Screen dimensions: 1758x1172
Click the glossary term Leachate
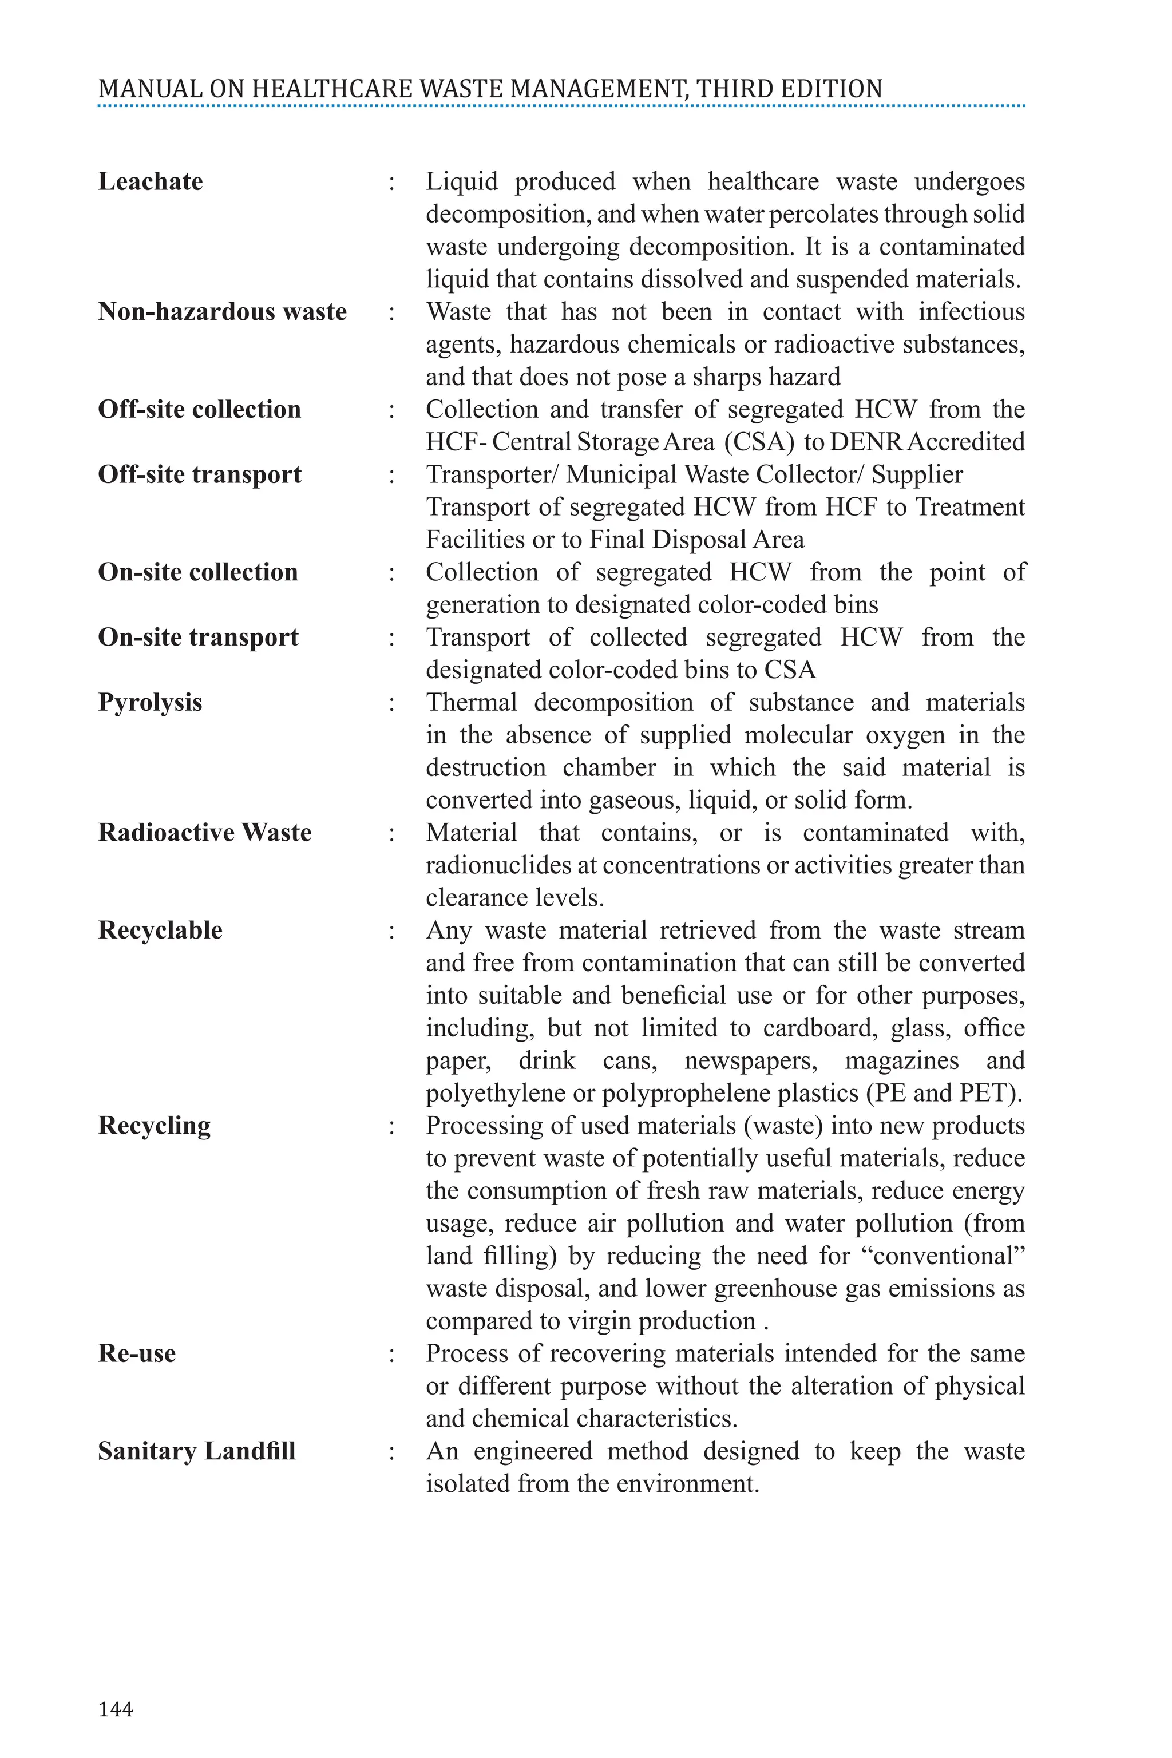click(151, 181)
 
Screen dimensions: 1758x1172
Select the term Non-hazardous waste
click(222, 312)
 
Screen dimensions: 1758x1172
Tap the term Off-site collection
click(200, 410)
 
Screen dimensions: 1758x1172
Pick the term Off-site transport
click(200, 474)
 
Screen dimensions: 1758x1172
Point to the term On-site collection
click(198, 572)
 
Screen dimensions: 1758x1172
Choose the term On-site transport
click(198, 637)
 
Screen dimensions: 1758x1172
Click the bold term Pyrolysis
click(151, 703)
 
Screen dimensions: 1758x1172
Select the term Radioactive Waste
click(205, 833)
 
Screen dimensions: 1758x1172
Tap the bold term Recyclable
click(160, 930)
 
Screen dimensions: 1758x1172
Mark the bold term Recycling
click(154, 1126)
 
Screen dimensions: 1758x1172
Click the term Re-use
click(137, 1353)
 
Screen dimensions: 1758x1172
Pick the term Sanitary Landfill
click(197, 1451)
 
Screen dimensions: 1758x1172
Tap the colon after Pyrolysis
click(391, 703)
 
